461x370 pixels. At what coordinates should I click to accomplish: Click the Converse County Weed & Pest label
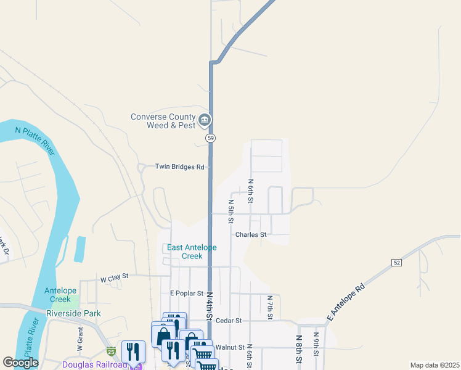point(163,121)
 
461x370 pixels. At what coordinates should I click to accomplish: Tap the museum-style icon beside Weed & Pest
point(205,119)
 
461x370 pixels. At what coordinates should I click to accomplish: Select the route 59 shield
point(211,138)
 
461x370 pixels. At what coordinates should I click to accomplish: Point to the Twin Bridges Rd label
point(179,166)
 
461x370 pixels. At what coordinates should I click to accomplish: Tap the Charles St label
point(251,234)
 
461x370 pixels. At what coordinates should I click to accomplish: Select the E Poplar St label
point(186,293)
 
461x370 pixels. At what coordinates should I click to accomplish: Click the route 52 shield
point(396,263)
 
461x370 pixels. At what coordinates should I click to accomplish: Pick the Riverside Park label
point(73,313)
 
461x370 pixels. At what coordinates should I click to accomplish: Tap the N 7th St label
point(270,307)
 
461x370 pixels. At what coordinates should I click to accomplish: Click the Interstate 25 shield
point(110,351)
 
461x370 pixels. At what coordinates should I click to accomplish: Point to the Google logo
point(20,363)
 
